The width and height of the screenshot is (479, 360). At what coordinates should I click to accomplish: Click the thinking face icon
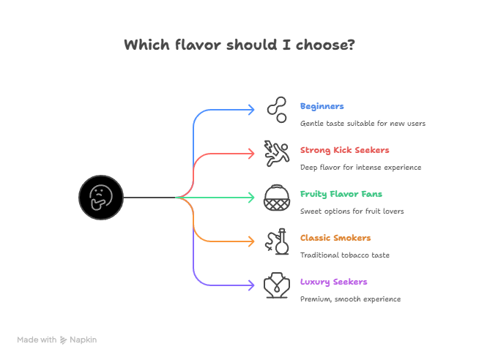[x=101, y=198]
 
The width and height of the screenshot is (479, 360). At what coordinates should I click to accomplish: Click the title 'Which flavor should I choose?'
[x=239, y=45]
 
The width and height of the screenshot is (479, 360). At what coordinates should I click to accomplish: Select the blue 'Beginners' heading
[x=322, y=107]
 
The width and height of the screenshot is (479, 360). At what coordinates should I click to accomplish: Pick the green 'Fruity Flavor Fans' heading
[x=341, y=195]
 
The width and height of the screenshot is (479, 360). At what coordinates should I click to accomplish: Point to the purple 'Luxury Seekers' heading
[x=333, y=282]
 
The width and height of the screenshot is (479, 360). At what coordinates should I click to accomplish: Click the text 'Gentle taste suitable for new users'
[x=363, y=124]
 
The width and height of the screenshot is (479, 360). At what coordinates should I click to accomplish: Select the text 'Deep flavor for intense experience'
[x=360, y=168]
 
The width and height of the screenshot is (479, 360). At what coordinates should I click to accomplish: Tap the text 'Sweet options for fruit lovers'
[x=352, y=211]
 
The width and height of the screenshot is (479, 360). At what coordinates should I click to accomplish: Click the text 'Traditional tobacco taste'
[x=344, y=255]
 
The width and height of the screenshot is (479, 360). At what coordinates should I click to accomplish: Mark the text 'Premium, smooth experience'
[x=350, y=299]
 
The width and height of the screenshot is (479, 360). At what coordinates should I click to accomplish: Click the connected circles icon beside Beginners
[x=276, y=110]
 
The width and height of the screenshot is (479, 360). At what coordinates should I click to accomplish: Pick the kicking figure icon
[x=276, y=154]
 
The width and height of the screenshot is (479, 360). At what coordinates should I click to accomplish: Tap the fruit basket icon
[x=276, y=198]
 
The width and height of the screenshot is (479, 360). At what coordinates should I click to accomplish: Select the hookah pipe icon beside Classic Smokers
[x=276, y=241]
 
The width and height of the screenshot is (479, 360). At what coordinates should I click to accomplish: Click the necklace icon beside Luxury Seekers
[x=276, y=285]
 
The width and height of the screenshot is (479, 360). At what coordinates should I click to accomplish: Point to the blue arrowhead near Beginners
[x=250, y=110]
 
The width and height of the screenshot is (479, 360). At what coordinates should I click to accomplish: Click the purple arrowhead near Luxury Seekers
[x=250, y=285]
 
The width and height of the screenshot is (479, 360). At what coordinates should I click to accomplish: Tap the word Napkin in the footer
[x=83, y=340]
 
